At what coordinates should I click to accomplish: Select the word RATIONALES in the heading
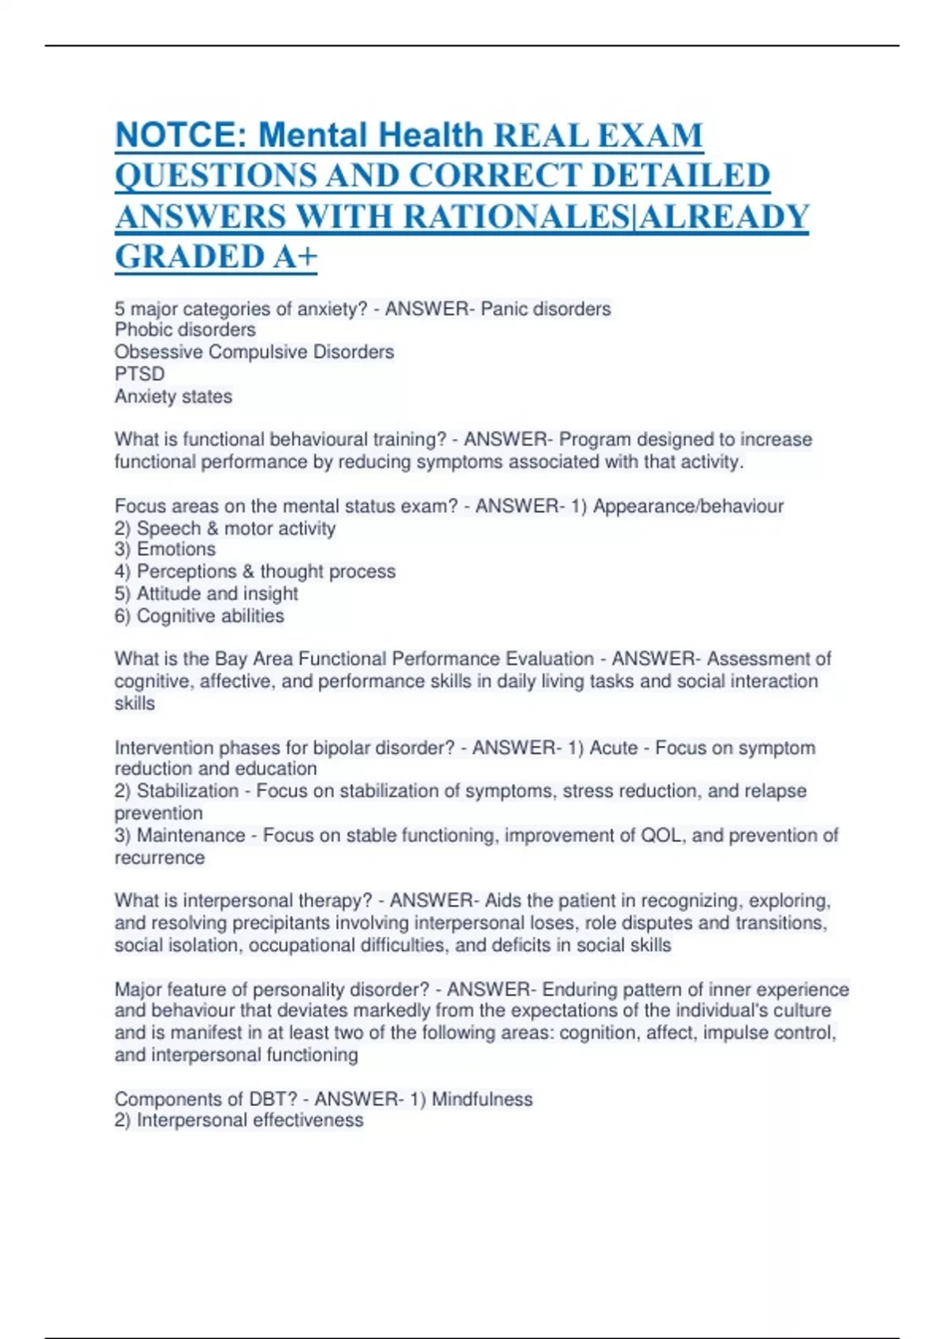point(517,217)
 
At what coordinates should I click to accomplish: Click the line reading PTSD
point(139,374)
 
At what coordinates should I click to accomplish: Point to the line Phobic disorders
point(185,330)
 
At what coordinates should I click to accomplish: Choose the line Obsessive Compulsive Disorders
point(254,352)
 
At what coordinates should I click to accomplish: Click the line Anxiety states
point(173,396)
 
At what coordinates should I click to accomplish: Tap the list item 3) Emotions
point(165,550)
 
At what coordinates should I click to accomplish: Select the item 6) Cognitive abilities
point(199,616)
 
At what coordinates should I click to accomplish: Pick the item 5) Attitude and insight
point(206,594)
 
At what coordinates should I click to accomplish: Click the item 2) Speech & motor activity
point(224,529)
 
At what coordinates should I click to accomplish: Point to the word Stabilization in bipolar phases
point(187,791)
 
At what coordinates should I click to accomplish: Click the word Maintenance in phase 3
point(191,835)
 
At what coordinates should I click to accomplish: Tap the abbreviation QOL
point(661,835)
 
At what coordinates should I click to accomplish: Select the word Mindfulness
point(482,1099)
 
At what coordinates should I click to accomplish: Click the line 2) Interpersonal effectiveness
point(239,1121)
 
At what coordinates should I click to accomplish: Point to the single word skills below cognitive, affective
point(135,703)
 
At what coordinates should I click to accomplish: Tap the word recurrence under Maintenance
point(159,858)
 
